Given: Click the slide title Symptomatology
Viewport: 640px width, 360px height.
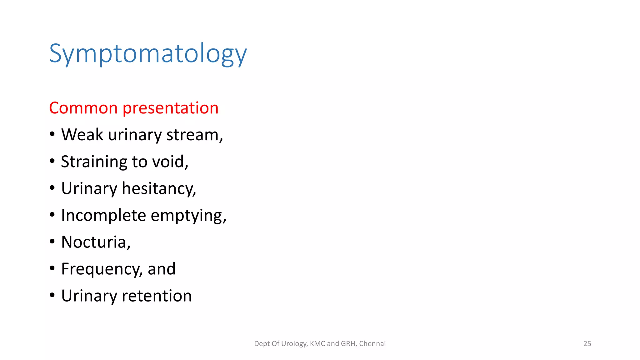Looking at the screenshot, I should coord(148,54).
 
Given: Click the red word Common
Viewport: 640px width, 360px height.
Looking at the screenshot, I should coord(83,108).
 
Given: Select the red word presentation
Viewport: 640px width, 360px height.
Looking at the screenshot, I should coord(170,108).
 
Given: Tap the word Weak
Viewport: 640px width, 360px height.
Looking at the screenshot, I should coord(82,135).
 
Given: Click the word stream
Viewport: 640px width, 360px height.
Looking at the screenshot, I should coord(194,135).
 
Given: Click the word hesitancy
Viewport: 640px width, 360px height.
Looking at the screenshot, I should coord(158,189).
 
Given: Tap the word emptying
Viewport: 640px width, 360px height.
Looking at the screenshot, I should coord(188,216).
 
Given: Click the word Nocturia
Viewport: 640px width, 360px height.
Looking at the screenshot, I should coord(95,242).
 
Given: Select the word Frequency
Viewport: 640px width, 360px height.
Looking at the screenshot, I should coord(101,269).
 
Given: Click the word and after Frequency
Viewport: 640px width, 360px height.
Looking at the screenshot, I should coord(161,269).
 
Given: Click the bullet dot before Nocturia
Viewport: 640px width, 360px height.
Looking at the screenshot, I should coord(52,242).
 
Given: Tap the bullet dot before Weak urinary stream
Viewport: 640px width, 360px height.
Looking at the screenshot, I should coord(52,134).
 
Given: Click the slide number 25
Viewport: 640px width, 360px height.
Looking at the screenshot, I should coord(587,343).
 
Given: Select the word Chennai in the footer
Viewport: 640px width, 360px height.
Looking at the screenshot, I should coord(372,343).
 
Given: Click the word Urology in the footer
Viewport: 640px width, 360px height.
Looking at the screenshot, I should coord(294,344).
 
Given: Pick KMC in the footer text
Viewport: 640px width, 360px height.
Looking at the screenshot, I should coord(317,343).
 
